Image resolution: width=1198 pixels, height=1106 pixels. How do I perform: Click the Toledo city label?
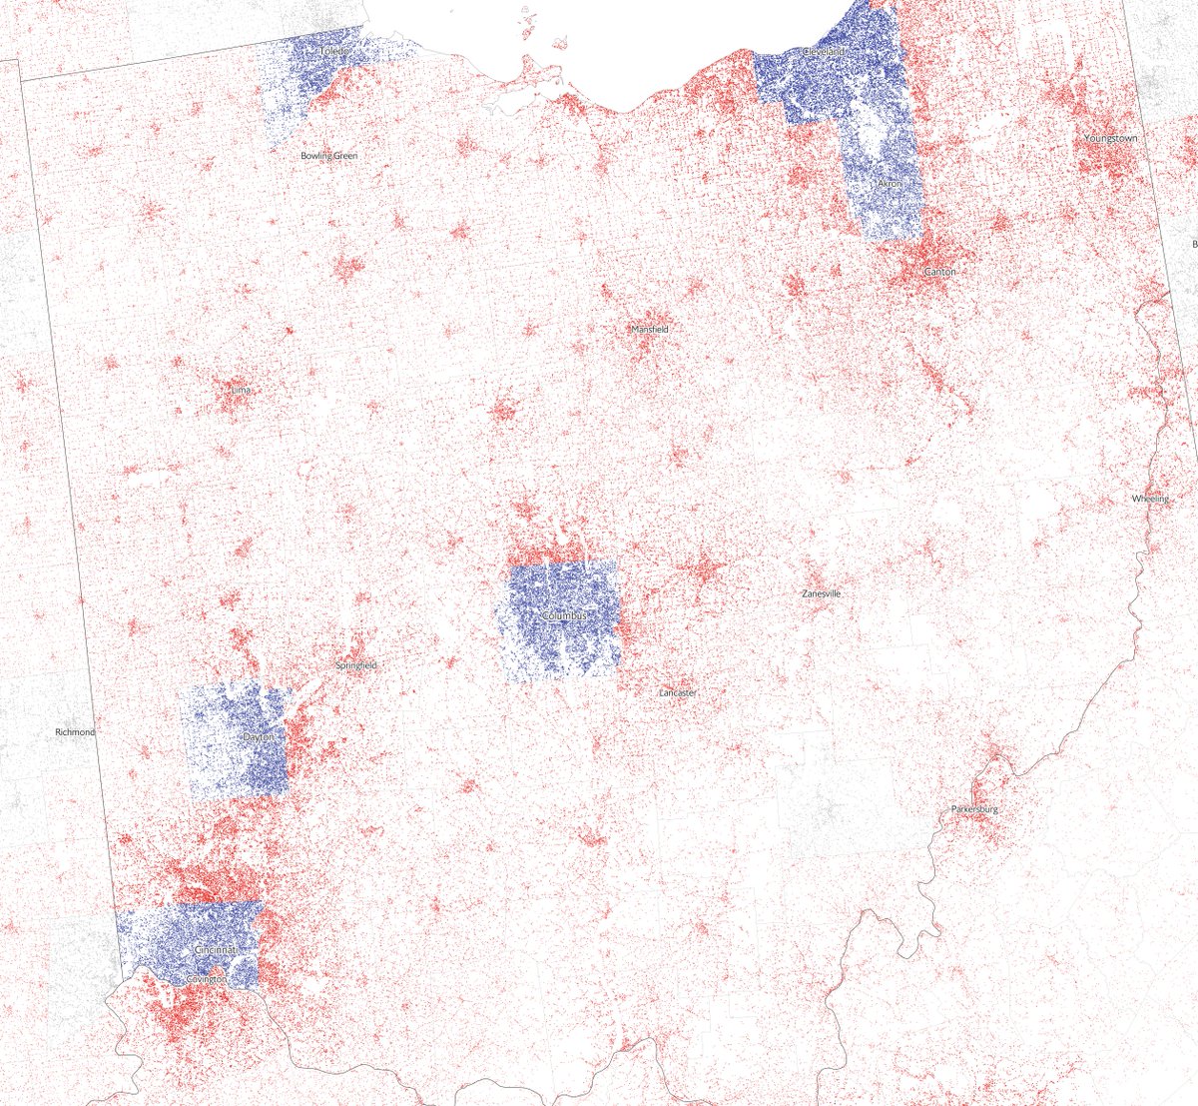pos(335,50)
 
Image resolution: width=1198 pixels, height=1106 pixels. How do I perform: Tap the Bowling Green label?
pos(328,156)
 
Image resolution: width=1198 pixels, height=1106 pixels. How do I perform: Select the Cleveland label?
pos(825,51)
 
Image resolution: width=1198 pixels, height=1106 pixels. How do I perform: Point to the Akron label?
pos(889,184)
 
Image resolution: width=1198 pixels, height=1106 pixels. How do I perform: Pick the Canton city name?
pos(939,272)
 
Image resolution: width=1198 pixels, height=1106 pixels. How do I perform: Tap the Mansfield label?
pos(649,330)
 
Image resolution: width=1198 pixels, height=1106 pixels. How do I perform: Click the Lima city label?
pos(240,389)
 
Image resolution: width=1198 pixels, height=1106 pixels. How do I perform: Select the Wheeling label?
pos(1150,499)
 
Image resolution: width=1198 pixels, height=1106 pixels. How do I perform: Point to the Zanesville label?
pos(821,593)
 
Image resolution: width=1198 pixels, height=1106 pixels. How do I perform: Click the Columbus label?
pos(564,616)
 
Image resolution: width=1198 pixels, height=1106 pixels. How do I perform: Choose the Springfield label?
pos(356,665)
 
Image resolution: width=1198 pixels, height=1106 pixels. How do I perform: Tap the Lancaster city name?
pos(678,693)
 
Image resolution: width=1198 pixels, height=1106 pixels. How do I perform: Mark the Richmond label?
pos(75,732)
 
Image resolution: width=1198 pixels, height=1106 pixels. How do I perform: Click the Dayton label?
pos(258,737)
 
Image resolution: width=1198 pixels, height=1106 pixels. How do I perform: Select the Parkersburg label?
pos(974,808)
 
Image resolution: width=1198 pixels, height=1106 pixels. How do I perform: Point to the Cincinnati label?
pos(217,948)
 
